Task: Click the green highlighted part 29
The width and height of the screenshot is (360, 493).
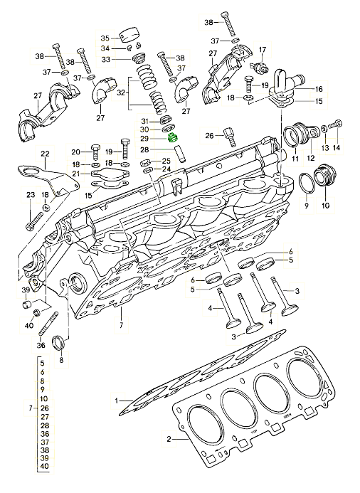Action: click(173, 138)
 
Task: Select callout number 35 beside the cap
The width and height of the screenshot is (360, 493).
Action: click(105, 38)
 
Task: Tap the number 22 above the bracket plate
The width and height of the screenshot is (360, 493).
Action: click(46, 154)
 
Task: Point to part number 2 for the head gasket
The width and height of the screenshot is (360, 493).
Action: click(169, 439)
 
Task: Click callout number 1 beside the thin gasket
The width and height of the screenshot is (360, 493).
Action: click(117, 401)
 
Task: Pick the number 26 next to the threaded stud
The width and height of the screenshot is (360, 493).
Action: click(209, 135)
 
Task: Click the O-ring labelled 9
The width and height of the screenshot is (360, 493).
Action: click(306, 183)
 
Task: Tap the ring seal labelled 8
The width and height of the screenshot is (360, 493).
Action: click(60, 343)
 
